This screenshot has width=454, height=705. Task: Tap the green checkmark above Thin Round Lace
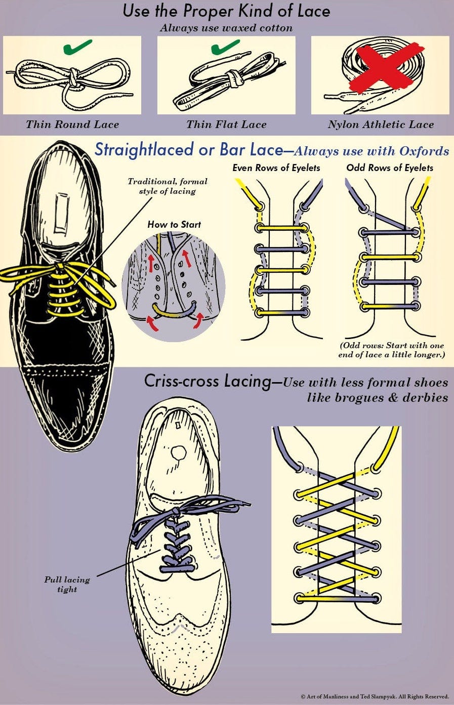coord(77,48)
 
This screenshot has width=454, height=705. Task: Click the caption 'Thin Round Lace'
coord(72,125)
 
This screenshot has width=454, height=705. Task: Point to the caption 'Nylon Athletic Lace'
coord(381,125)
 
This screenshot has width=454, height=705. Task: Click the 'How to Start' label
coord(174,224)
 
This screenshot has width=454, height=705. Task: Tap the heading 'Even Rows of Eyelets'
coord(276,168)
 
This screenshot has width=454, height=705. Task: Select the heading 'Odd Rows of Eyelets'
coord(390,168)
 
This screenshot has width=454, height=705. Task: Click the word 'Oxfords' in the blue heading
coord(424,151)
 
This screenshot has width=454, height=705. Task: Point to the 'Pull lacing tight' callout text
coord(67,585)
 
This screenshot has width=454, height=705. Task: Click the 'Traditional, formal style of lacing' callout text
coord(168,186)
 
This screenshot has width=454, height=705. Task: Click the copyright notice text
coord(375,697)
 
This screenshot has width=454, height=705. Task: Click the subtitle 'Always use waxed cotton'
coord(226,28)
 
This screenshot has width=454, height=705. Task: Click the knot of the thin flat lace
coord(232,79)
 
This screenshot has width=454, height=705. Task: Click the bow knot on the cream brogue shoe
coord(175,512)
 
